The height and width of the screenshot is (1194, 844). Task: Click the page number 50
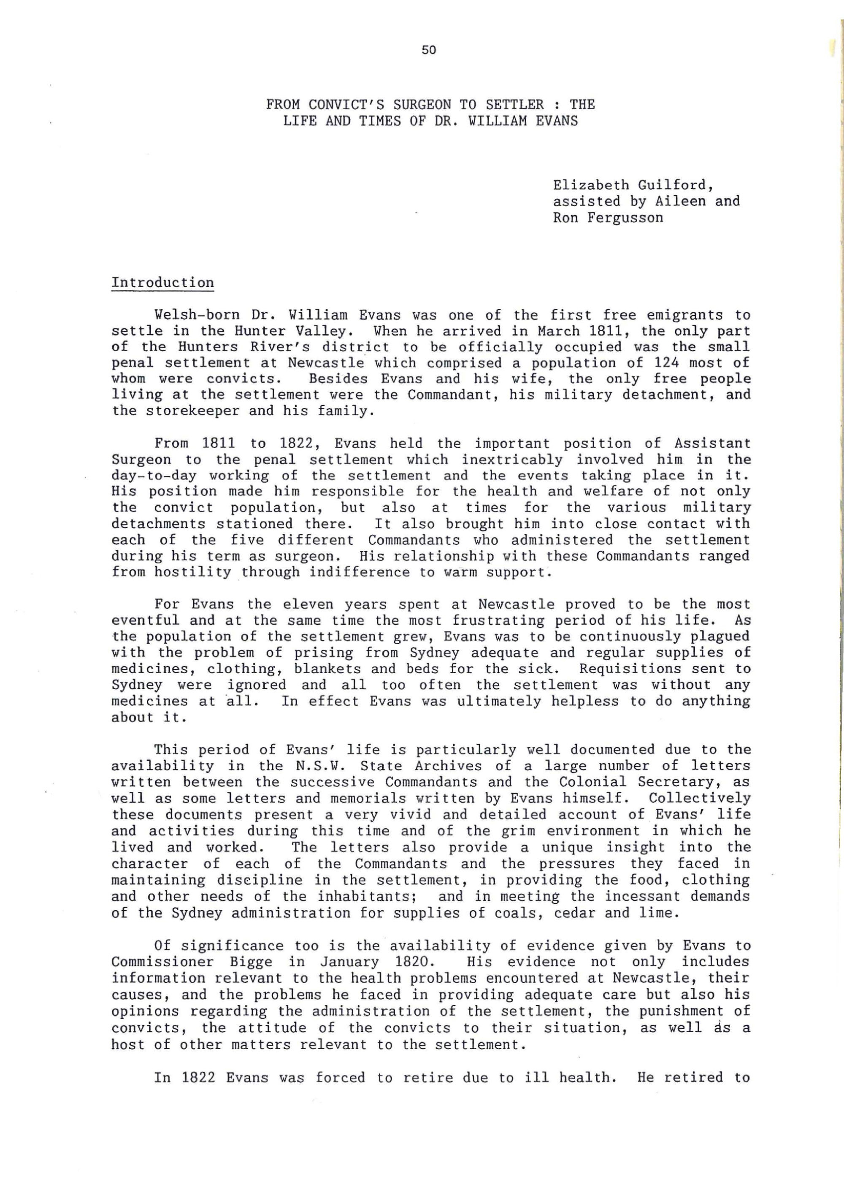[429, 50]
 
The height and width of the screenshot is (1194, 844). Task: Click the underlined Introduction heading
[162, 283]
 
